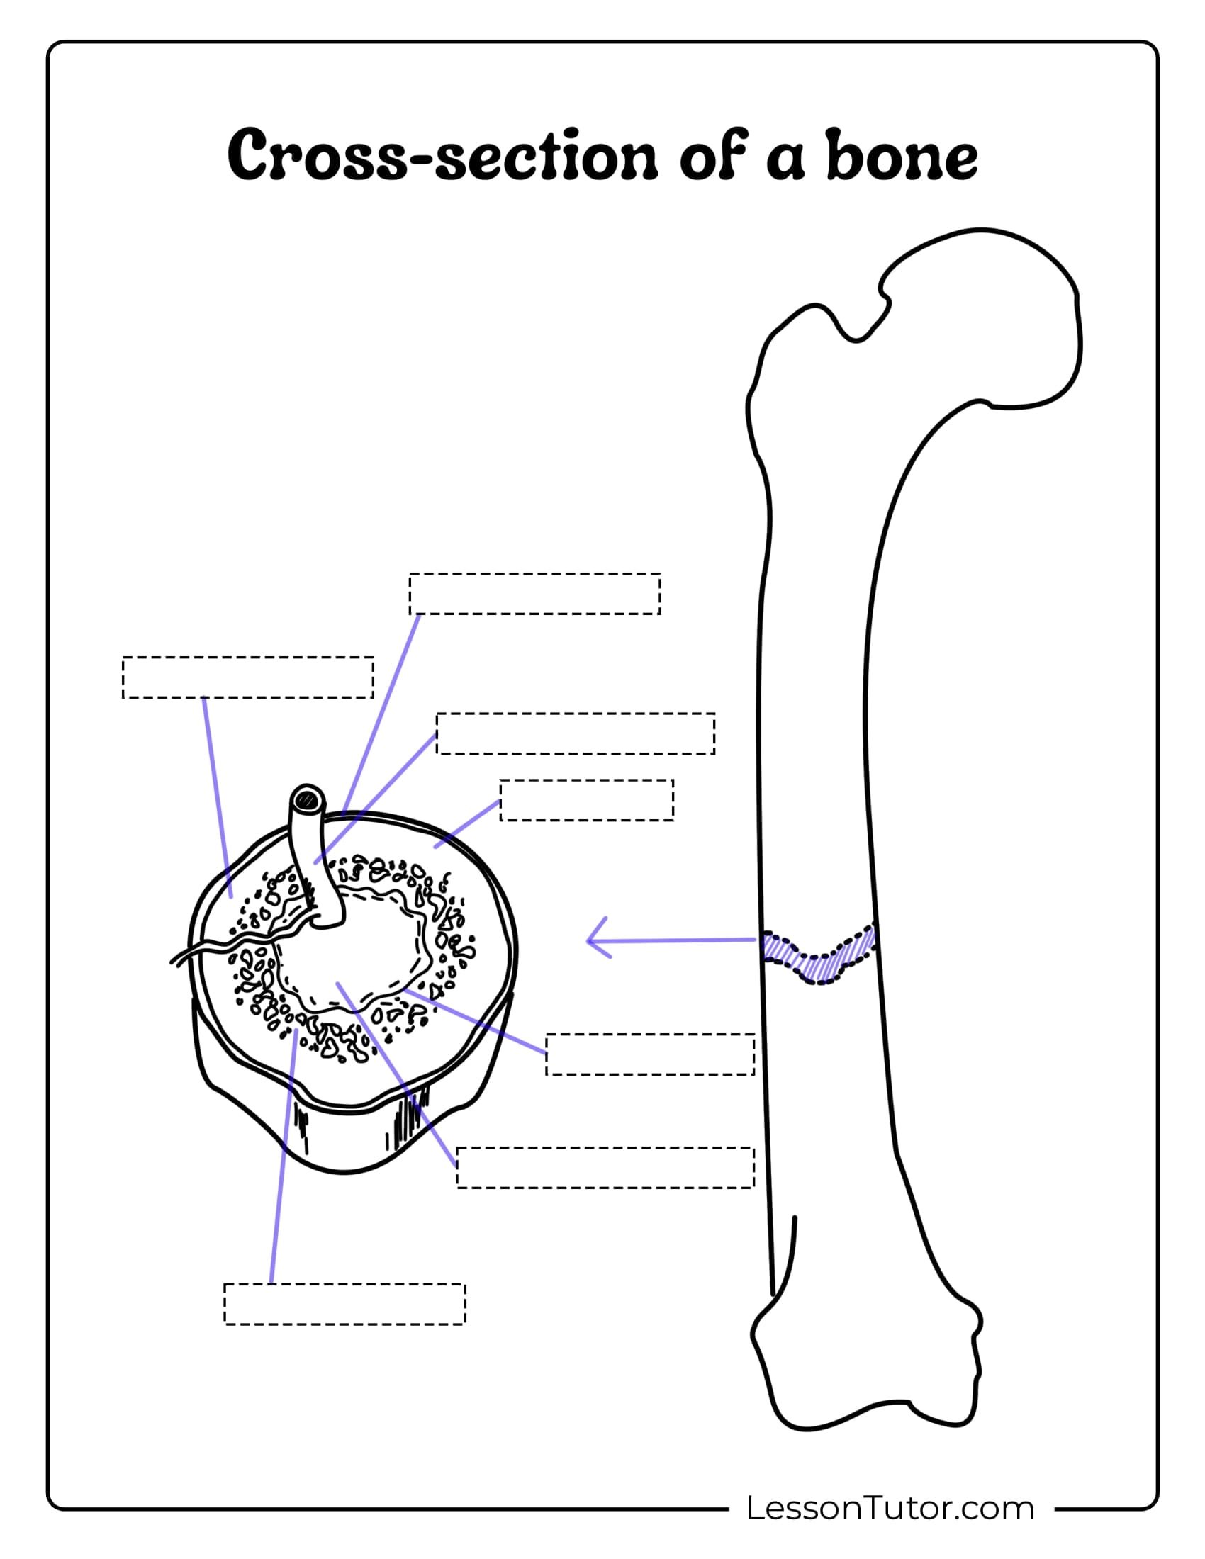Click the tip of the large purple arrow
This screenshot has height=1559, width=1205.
pos(588,941)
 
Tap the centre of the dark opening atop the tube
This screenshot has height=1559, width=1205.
pos(308,799)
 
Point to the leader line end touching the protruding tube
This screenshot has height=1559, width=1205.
pos(315,863)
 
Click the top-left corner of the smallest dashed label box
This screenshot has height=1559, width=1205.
pos(500,780)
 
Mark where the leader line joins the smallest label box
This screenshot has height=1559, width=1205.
pos(500,801)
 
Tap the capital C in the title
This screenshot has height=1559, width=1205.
pos(253,155)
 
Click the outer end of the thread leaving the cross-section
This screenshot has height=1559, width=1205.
pos(172,964)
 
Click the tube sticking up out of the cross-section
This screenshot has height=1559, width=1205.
pos(314,857)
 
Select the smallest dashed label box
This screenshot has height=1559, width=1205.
pos(587,800)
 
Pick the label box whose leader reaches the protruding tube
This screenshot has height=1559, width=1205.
pos(576,733)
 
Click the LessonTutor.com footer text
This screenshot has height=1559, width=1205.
pos(890,1508)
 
